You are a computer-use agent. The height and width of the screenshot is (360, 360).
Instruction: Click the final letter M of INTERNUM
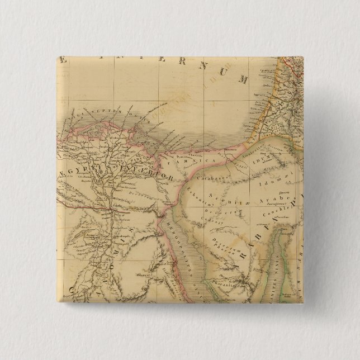point(243,79)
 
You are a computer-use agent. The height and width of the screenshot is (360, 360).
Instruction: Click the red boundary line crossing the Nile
point(106,211)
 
